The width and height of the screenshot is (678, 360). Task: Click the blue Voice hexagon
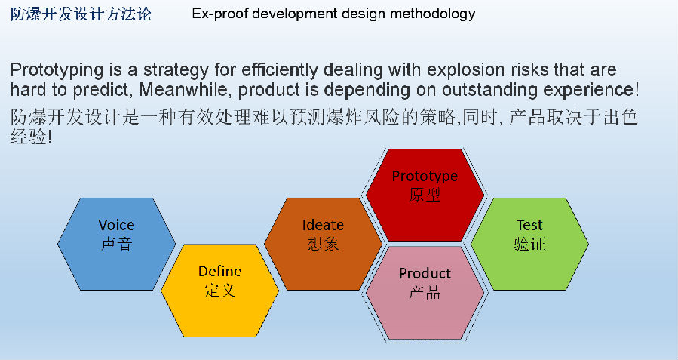[x=117, y=244]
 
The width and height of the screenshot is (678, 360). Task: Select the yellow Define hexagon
[x=219, y=291]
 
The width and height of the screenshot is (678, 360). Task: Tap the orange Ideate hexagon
[x=323, y=244]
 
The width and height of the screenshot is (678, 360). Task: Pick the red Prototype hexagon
[x=425, y=195]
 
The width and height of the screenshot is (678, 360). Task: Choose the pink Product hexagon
[x=425, y=293]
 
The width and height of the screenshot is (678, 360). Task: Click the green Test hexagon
[x=529, y=244]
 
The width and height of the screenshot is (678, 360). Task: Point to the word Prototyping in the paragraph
[x=57, y=70]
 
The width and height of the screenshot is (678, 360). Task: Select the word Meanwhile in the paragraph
[x=183, y=90]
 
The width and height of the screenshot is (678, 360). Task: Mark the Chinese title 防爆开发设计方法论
[x=81, y=14]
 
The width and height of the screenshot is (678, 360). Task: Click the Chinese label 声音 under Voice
[x=116, y=244]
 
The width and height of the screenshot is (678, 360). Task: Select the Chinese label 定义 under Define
[x=219, y=290]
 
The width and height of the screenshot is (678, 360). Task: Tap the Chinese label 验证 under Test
[x=529, y=244]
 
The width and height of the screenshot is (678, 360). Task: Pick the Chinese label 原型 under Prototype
[x=425, y=195]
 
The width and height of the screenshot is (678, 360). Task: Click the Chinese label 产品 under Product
[x=425, y=293]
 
